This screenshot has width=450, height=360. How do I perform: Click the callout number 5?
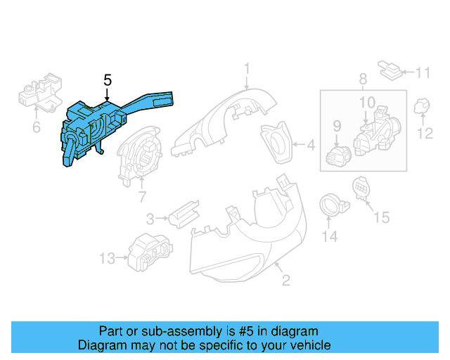(107, 80)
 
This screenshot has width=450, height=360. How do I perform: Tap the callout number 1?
(247, 68)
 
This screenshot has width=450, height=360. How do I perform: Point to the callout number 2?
(285, 281)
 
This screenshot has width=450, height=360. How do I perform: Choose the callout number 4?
(310, 146)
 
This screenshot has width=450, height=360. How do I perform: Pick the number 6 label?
(35, 127)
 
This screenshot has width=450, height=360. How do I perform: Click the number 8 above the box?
(362, 79)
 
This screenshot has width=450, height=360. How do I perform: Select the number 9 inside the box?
(336, 126)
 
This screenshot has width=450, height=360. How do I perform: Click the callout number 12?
(426, 133)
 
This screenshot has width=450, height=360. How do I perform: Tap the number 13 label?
(107, 259)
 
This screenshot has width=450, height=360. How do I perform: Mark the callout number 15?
(380, 218)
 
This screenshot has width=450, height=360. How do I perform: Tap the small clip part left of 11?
(390, 69)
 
